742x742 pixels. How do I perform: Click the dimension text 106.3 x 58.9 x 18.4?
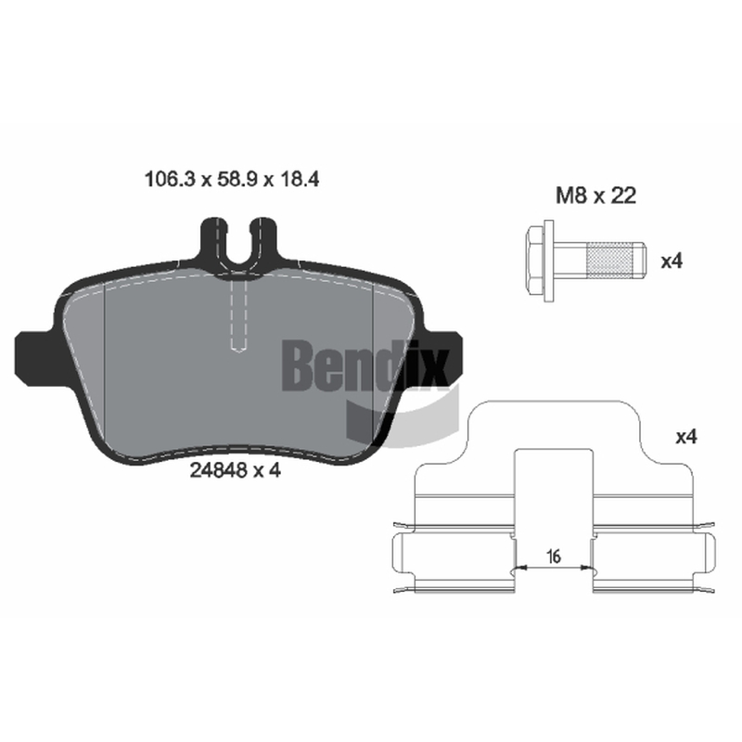coord(231,179)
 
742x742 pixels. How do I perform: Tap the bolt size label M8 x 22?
coord(595,195)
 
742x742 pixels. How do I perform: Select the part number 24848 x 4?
coord(236,470)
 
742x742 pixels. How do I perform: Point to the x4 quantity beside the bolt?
coord(672,261)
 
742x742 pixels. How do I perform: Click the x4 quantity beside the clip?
coord(686,437)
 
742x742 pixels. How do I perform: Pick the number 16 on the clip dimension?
coord(553,556)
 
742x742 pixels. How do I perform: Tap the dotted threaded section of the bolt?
coord(610,261)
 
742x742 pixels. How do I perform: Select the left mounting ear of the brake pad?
coord(35,355)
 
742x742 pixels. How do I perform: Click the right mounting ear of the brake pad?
coord(442,355)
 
